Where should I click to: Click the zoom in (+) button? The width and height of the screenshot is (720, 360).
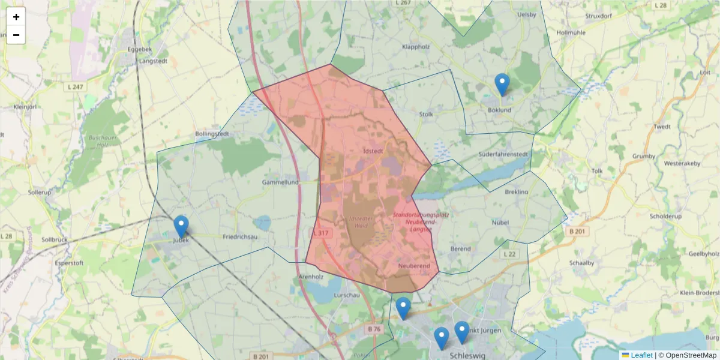[x=16, y=17]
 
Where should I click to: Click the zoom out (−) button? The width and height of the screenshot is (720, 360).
[x=16, y=35]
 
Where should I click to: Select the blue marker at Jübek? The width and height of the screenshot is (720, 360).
[x=181, y=227]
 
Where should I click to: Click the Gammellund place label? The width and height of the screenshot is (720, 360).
[x=280, y=182]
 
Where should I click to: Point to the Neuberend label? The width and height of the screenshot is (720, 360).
[x=414, y=265]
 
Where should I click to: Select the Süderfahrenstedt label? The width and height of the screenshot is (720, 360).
[x=503, y=154]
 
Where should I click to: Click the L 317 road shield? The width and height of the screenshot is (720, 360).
[x=322, y=232]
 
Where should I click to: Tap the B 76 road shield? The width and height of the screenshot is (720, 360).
[x=374, y=329]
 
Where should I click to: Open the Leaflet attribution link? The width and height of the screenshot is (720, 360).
[x=641, y=355]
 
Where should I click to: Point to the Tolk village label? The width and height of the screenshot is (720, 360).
[x=597, y=171]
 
